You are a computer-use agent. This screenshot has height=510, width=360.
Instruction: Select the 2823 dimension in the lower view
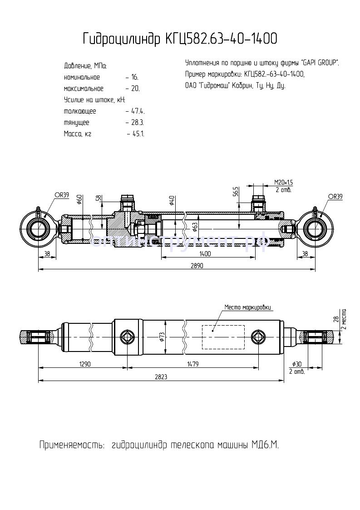pos(162,376)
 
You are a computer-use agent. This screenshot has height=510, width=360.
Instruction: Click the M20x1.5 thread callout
pos(284,182)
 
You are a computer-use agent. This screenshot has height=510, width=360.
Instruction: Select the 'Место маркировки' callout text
pos(248,307)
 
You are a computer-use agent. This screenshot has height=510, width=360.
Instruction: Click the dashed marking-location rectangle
pos(222,337)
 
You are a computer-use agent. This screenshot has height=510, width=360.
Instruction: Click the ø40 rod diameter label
pos(172,200)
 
